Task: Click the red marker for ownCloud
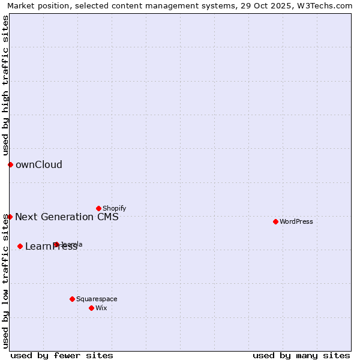click(10, 164)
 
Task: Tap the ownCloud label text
click(38, 165)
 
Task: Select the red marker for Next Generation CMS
click(10, 217)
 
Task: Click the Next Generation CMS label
click(67, 217)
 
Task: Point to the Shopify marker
click(98, 208)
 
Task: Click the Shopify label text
click(114, 209)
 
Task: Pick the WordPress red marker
click(275, 221)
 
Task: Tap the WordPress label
click(296, 222)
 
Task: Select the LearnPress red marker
click(20, 246)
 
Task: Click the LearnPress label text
click(51, 247)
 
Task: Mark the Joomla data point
click(56, 244)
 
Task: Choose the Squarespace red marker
click(72, 299)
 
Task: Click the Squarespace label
click(97, 299)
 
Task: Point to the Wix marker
click(91, 308)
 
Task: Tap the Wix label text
click(101, 308)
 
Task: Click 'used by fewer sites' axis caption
click(62, 355)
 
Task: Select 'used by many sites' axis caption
click(301, 355)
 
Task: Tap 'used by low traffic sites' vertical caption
click(5, 273)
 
